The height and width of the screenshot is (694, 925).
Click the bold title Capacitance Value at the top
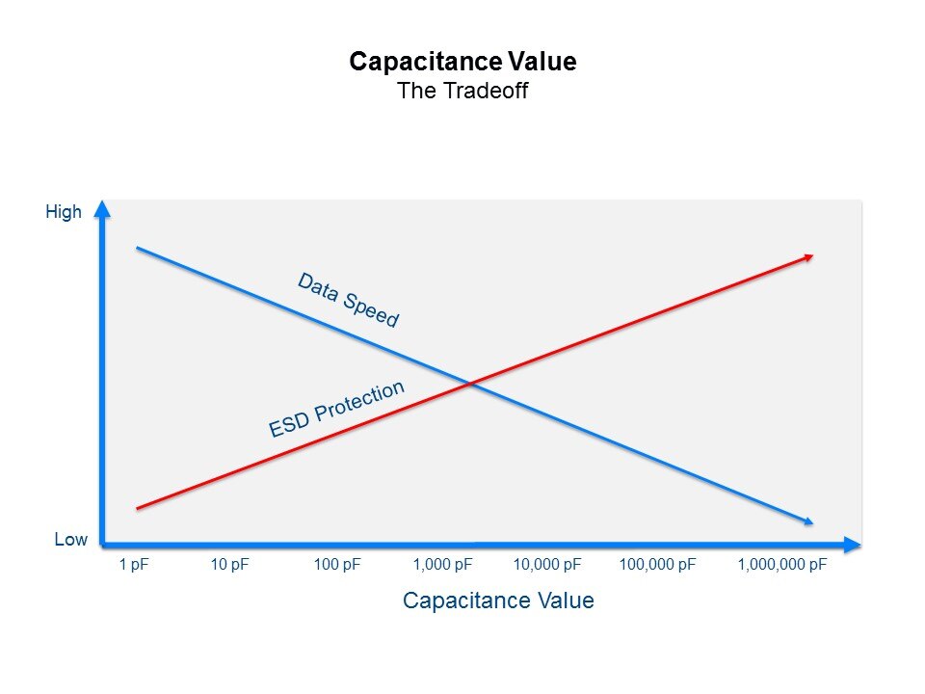click(462, 62)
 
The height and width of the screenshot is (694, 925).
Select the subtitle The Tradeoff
click(462, 92)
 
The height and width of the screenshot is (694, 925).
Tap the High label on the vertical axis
click(64, 212)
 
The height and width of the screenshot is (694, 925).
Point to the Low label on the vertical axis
click(70, 540)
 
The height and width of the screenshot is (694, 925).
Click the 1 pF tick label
click(134, 565)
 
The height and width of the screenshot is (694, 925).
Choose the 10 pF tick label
click(229, 565)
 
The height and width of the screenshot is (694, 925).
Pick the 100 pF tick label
click(336, 565)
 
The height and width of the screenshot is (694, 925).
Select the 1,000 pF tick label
click(442, 565)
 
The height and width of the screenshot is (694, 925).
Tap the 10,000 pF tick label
click(546, 565)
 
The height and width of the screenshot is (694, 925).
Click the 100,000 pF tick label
click(656, 565)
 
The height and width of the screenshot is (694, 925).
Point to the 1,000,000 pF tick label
click(781, 565)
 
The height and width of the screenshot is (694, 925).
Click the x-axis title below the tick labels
click(498, 601)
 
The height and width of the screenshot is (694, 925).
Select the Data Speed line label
click(348, 300)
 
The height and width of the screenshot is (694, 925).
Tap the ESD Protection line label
click(336, 409)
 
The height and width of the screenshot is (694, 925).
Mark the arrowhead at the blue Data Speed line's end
click(808, 521)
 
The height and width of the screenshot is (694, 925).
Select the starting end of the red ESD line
click(138, 508)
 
